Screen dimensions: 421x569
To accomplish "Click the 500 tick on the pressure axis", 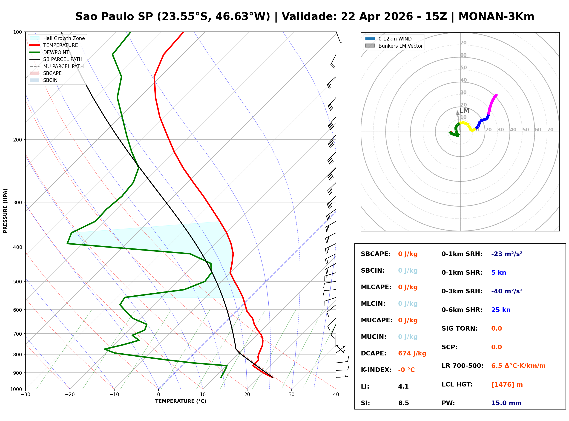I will click(x=17, y=282).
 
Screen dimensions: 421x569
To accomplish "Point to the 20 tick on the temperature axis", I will click(x=247, y=395).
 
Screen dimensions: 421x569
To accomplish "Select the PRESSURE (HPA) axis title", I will click(x=5, y=211).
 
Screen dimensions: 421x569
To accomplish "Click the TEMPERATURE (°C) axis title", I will click(x=181, y=401).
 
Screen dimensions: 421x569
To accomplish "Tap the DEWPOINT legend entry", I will click(x=56, y=52).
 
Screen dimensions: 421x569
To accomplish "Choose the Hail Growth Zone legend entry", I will click(x=64, y=38).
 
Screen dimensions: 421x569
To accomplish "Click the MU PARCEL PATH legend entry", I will click(x=63, y=66).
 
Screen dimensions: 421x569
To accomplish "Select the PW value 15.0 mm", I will click(x=506, y=403).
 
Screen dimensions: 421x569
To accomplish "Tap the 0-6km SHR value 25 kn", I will click(x=501, y=310).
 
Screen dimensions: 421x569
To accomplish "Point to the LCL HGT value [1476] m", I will click(x=507, y=385).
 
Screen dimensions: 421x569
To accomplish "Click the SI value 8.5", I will click(x=403, y=403).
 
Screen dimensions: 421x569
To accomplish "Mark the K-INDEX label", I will click(x=376, y=370).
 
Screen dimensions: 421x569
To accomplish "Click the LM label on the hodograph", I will click(x=464, y=111).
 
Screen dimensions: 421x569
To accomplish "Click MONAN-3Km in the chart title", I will click(x=496, y=17).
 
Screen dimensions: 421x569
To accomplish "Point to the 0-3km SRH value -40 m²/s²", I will click(x=507, y=291).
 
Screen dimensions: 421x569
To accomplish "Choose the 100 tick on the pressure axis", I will click(x=17, y=32).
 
